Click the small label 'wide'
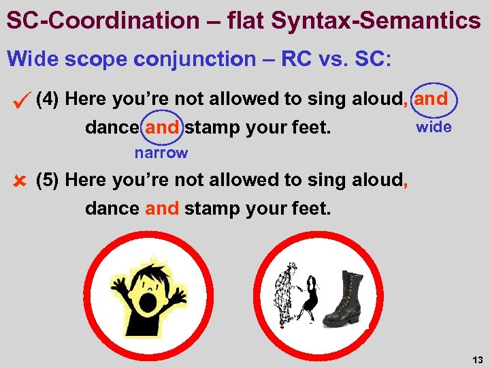coord(434,127)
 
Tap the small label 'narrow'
coord(161,153)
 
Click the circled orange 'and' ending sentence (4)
coord(431,99)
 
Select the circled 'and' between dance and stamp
coord(162,127)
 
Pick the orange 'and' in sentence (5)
coord(162,209)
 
